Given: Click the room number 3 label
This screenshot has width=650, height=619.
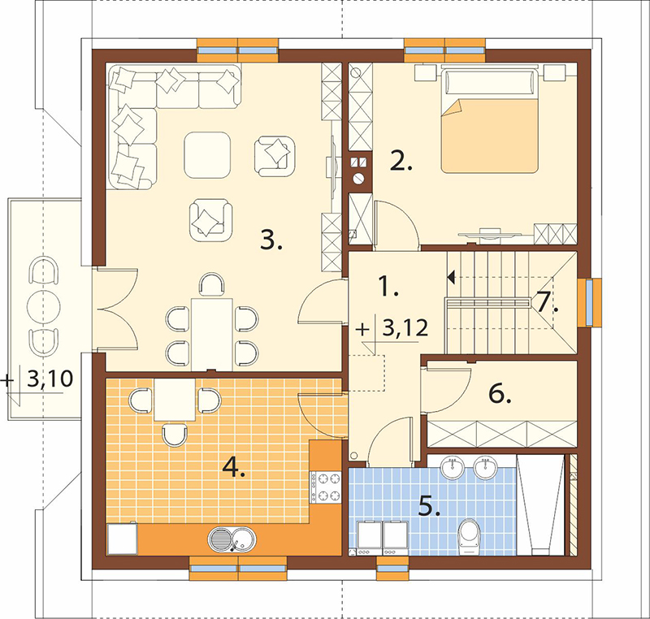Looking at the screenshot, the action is (271, 240).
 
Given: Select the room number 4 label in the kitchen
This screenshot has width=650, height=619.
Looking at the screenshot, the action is (234, 468).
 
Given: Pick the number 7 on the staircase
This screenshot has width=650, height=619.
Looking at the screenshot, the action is (547, 301).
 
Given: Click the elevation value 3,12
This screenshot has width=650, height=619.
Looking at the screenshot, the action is (405, 328).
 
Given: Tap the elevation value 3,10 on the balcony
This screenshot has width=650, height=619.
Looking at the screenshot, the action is (50, 378).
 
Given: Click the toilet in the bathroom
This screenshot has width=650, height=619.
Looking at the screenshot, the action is (470, 535).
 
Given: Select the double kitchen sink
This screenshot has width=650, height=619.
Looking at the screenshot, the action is (232, 539).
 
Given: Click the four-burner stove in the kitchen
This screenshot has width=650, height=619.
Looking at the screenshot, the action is (326, 487).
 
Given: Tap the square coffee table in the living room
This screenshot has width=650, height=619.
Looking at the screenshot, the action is (207, 155).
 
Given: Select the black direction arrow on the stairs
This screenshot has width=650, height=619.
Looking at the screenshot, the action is (451, 277).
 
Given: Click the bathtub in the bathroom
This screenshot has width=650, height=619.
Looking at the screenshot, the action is (540, 504).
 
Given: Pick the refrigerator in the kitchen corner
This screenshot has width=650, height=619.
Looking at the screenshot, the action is (122, 539).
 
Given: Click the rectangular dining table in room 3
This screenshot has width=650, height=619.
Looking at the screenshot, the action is (212, 335).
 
